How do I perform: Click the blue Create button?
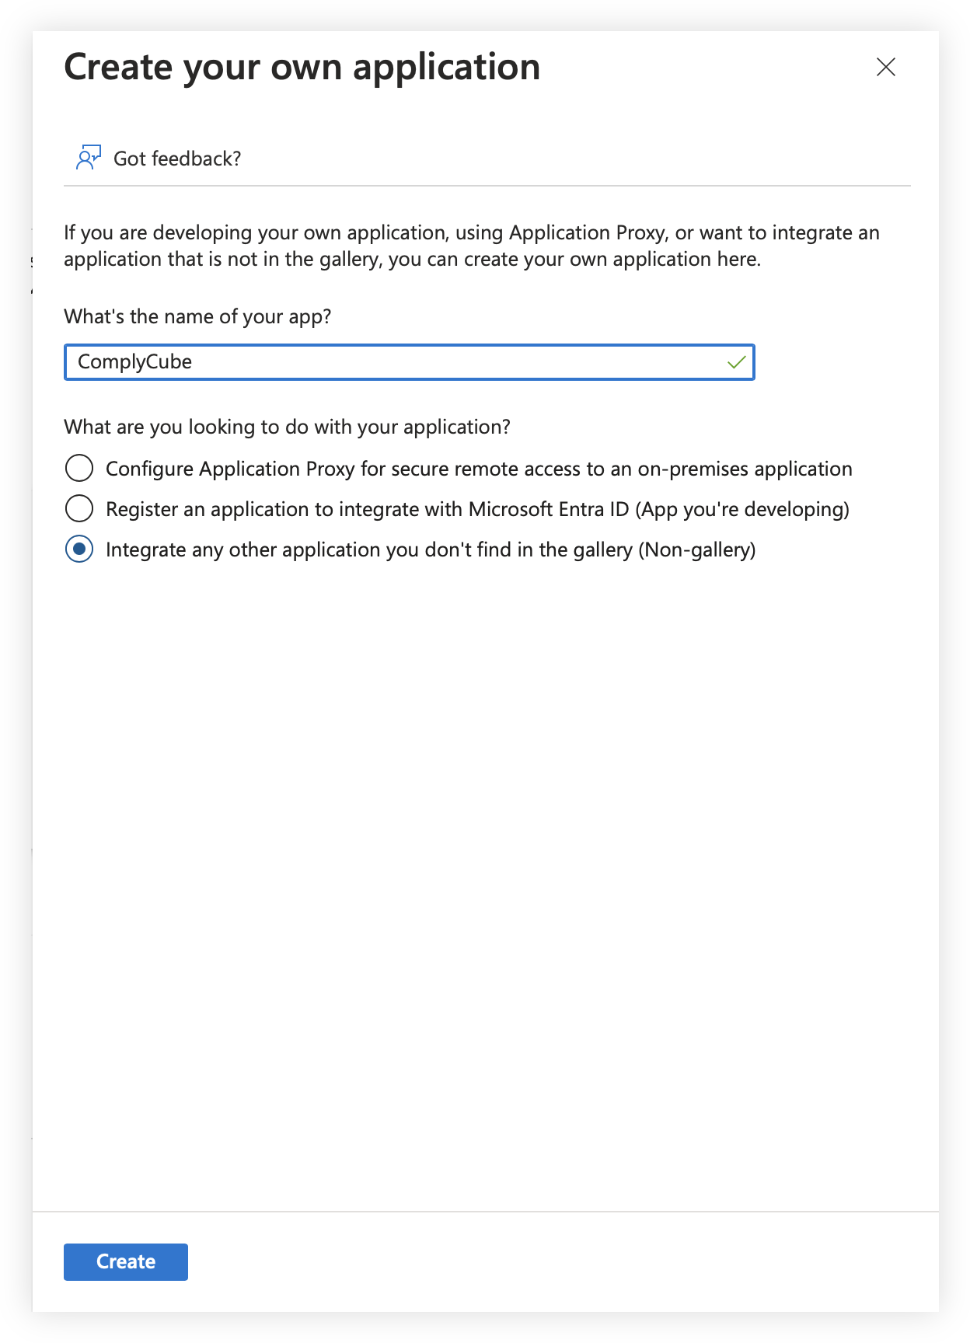126,1261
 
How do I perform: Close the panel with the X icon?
885,67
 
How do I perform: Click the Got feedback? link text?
177,159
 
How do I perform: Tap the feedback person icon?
88,157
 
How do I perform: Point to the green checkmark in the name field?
736,362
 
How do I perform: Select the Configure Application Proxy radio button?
79,469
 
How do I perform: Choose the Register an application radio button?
79,509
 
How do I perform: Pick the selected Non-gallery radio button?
79,549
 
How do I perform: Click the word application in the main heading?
446,68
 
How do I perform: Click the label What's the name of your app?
197,316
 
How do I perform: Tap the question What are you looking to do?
287,427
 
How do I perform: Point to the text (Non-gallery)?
696,549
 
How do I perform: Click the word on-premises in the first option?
693,469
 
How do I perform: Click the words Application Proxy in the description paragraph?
587,232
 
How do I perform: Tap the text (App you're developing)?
742,509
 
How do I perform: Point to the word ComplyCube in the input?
134,362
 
